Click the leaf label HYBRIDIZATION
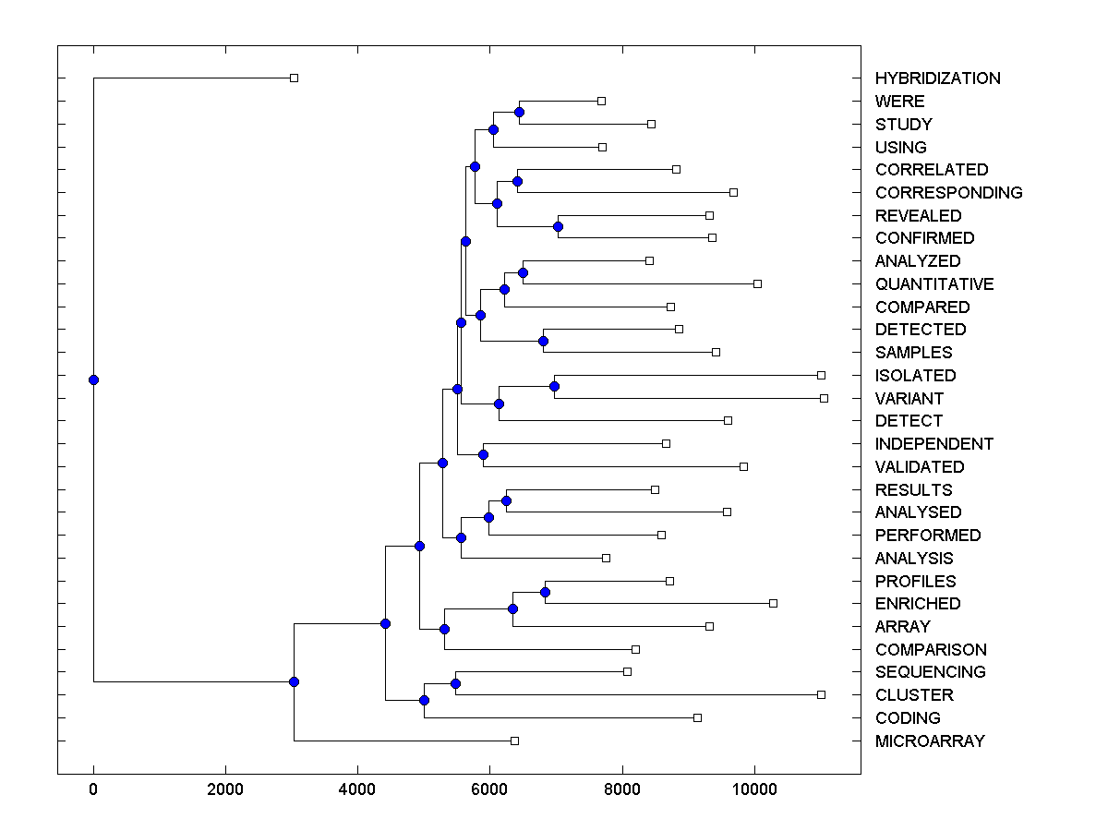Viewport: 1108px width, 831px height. click(937, 78)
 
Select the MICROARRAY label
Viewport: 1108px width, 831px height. click(930, 741)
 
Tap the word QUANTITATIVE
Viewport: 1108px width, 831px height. click(934, 284)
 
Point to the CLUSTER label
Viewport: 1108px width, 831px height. click(914, 695)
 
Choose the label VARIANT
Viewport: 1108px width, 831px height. click(909, 399)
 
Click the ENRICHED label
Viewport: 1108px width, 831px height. click(918, 604)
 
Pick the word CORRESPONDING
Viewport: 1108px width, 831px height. click(948, 193)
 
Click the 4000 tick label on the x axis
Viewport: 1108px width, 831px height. click(357, 790)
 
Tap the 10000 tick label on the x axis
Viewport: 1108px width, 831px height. click(754, 790)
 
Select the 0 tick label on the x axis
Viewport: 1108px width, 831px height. click(93, 790)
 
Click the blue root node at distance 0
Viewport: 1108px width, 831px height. click(93, 379)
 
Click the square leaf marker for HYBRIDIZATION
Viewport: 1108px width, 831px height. click(294, 78)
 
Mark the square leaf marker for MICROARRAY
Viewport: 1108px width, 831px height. click(514, 741)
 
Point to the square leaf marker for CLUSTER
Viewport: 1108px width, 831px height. click(821, 694)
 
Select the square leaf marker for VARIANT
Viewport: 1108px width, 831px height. click(824, 398)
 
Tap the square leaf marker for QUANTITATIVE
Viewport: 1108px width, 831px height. click(757, 283)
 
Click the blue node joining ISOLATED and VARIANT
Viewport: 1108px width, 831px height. click(554, 386)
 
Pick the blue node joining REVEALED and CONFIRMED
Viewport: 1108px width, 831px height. click(558, 226)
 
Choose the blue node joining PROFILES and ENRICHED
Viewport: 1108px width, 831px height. click(546, 592)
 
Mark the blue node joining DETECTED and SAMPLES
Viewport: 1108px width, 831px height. click(543, 341)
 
